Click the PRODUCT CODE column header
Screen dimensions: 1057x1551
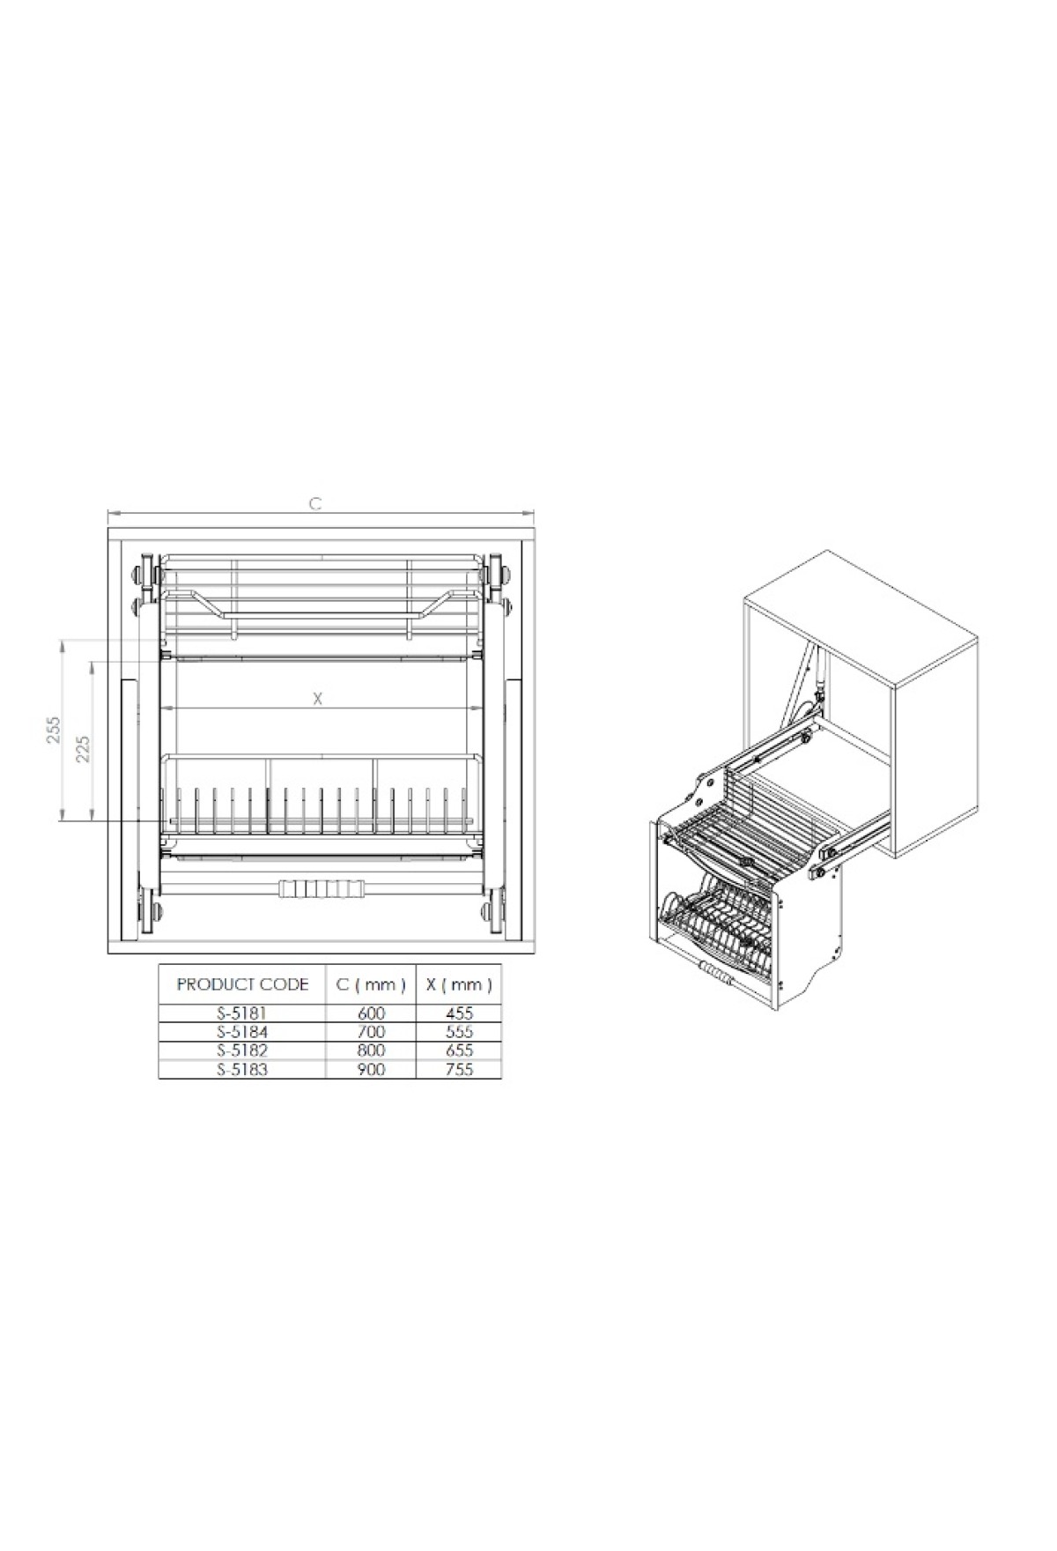pyautogui.click(x=242, y=984)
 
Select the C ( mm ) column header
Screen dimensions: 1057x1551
pyautogui.click(x=371, y=984)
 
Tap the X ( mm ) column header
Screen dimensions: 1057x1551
pyautogui.click(x=459, y=984)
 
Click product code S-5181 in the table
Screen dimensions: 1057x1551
pyautogui.click(x=241, y=1013)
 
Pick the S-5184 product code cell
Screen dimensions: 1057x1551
pyautogui.click(x=241, y=1032)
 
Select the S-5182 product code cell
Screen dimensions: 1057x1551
pyautogui.click(x=241, y=1050)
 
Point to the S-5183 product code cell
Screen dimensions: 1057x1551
pyautogui.click(x=241, y=1069)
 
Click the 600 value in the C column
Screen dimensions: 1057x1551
pyautogui.click(x=371, y=1013)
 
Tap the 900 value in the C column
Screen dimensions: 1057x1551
pyautogui.click(x=371, y=1069)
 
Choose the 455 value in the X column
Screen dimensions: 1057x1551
pyautogui.click(x=459, y=1013)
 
